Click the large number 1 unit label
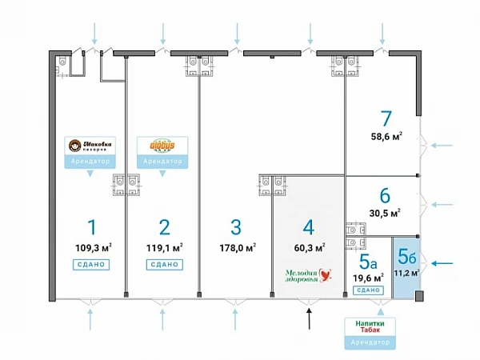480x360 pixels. tap(91, 226)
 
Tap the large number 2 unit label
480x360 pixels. tap(164, 226)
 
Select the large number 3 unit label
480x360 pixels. tap(235, 226)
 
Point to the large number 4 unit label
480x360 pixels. tap(309, 226)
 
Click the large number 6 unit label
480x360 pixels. tap(385, 194)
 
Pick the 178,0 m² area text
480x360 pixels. tap(237, 246)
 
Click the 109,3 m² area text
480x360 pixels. tap(91, 246)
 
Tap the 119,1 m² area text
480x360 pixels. tap(164, 246)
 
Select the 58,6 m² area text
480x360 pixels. tap(385, 137)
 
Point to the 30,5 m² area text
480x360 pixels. tap(385, 212)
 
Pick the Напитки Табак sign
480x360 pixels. tap(369, 326)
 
